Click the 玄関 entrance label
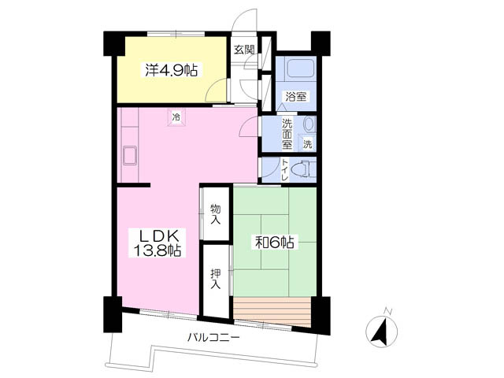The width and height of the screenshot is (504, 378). click(x=244, y=49)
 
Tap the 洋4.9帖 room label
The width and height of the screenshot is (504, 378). click(x=172, y=70)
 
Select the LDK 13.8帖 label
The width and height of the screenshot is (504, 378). click(x=157, y=243)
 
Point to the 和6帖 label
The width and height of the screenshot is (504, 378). click(x=275, y=243)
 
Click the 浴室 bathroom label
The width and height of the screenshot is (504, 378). click(x=296, y=96)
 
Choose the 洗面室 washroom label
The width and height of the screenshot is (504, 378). click(x=287, y=134)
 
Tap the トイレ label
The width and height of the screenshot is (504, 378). click(x=285, y=170)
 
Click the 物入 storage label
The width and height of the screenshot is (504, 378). click(x=215, y=213)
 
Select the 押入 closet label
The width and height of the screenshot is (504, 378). click(x=215, y=278)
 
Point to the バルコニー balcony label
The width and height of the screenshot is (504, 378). click(x=213, y=338)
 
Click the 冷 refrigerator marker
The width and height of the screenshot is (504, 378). click(x=176, y=117)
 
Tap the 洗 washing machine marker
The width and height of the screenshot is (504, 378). click(x=308, y=143)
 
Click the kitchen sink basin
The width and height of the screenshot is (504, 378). click(x=130, y=156)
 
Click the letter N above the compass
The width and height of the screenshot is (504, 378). click(x=388, y=311)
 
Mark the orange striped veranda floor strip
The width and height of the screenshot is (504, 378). click(x=272, y=312)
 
